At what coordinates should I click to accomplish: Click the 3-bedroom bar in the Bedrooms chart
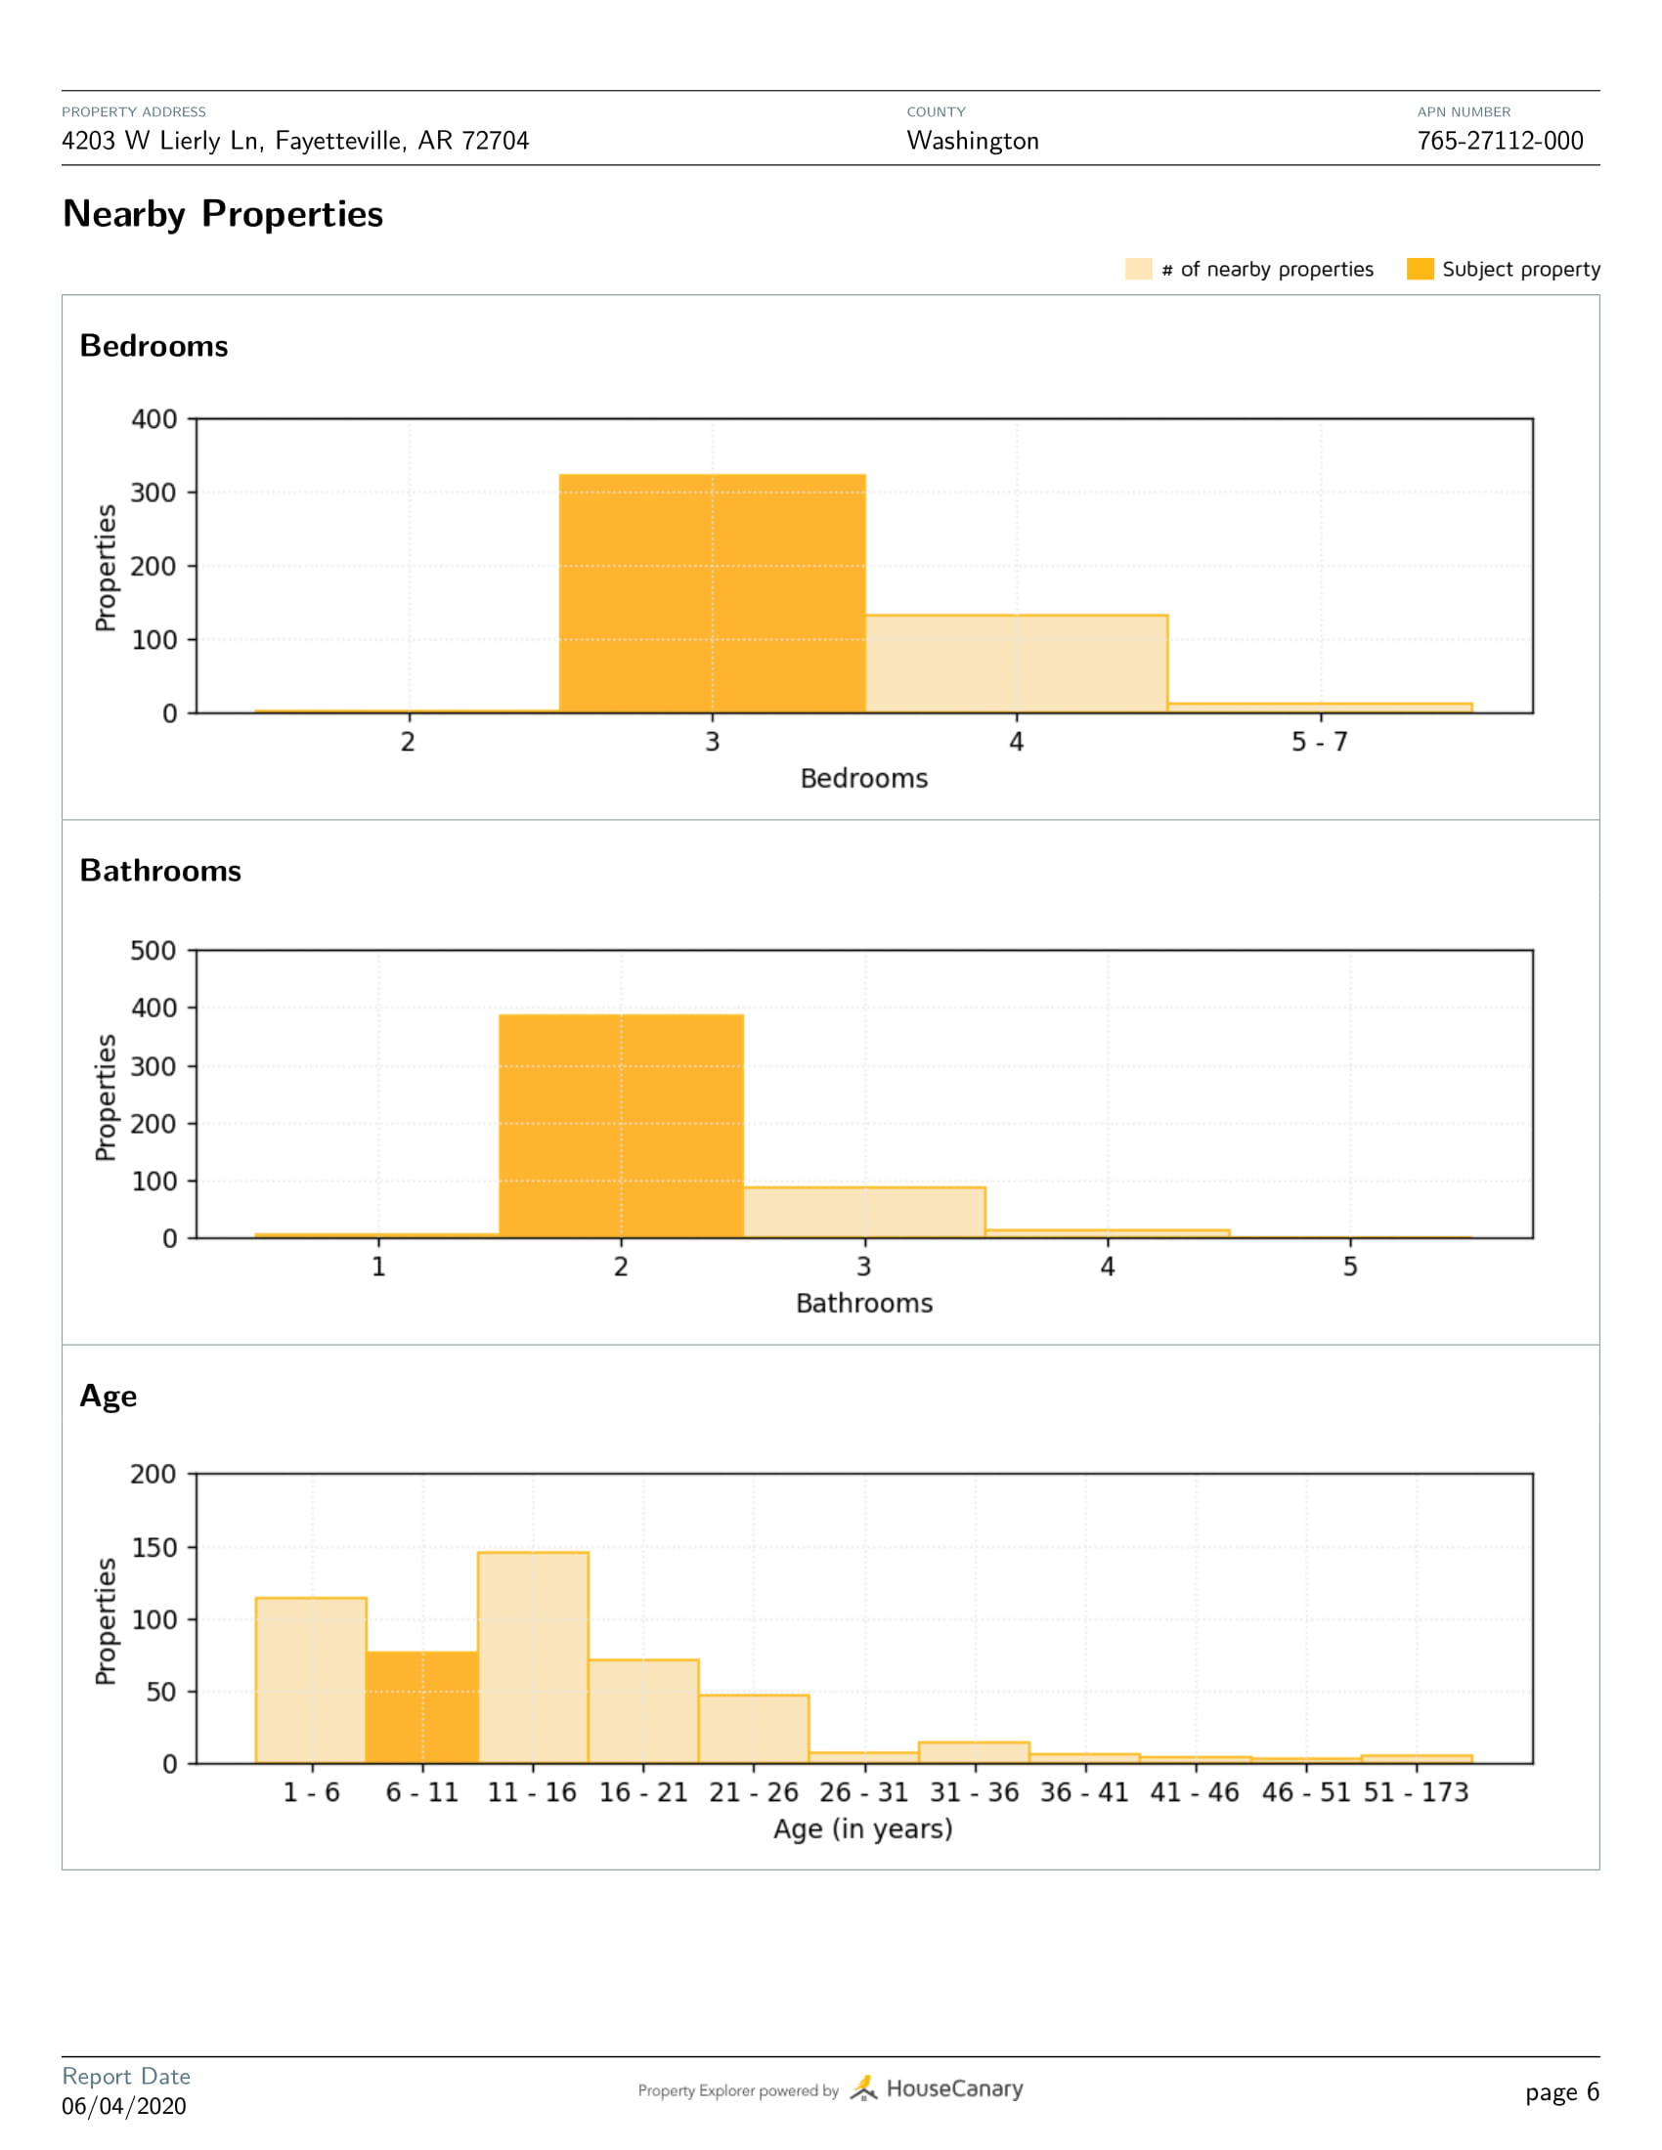pos(712,593)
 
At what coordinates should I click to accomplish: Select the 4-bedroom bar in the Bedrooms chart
pos(1016,664)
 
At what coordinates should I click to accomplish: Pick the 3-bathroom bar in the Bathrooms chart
pos(863,1212)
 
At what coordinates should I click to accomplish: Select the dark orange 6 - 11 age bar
pos(421,1707)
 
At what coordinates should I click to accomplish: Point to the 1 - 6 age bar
pos(311,1681)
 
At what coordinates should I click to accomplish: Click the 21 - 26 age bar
pos(753,1729)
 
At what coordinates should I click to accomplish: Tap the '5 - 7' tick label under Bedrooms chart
pos(1320,743)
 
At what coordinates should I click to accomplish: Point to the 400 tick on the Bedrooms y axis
pos(153,419)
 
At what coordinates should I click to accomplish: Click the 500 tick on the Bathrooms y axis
pos(153,951)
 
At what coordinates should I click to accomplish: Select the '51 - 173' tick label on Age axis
pos(1416,1792)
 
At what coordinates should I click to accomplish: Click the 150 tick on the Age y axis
pos(153,1548)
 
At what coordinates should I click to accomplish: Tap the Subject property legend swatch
pos(1420,269)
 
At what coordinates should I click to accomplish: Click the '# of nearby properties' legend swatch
pos(1138,269)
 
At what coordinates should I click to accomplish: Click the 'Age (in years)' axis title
pos(863,1829)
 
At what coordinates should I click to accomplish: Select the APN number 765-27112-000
pos(1500,141)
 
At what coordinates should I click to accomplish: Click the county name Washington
pos(972,141)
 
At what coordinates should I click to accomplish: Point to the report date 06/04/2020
pos(124,2106)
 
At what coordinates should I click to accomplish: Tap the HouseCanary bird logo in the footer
pos(863,2088)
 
